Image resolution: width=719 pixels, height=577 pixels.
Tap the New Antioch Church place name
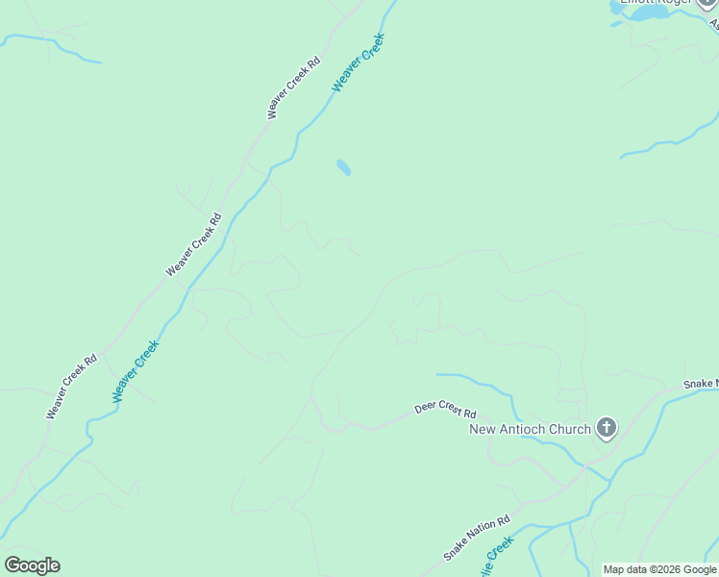tap(530, 429)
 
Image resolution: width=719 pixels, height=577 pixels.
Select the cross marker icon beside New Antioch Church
tap(607, 427)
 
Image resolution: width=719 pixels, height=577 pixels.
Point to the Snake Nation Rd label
tap(476, 539)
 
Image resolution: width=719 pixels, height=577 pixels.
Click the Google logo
tap(32, 565)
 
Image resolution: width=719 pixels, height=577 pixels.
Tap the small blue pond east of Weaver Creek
tap(343, 167)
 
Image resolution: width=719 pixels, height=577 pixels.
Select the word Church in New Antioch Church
tap(570, 429)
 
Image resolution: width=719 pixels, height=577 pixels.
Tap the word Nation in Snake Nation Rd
tap(477, 538)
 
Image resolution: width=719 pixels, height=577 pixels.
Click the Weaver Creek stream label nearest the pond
tap(359, 63)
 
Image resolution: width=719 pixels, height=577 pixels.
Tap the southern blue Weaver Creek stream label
tap(135, 371)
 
